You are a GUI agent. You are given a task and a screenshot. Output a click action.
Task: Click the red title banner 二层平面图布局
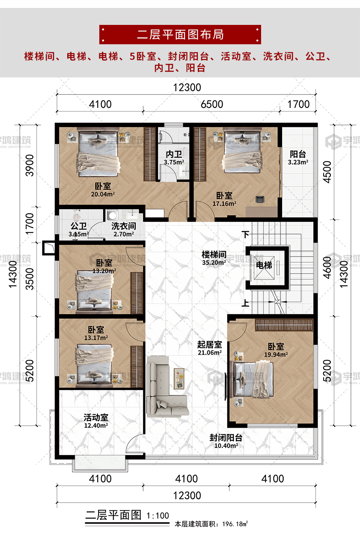point(180,34)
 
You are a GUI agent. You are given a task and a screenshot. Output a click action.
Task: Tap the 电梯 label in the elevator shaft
point(264,265)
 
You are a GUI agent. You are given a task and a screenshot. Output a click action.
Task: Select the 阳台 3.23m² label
point(298,158)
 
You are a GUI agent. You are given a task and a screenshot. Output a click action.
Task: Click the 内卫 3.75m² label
point(174,158)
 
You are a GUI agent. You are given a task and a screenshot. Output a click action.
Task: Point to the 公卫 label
point(78,226)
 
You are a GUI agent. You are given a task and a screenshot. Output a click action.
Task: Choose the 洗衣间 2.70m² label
point(123,230)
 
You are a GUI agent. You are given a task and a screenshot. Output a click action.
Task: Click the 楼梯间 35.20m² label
point(214,258)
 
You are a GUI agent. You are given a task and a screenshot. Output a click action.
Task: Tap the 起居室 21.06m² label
point(210,348)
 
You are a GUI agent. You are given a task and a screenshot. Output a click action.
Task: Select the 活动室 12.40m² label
point(96,421)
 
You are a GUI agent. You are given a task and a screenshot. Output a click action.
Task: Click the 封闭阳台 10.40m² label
point(226,442)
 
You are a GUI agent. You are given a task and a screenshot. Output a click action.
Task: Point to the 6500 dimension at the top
point(212,104)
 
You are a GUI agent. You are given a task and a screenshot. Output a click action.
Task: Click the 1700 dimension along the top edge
point(298,104)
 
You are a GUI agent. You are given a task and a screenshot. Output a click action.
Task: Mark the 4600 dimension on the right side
point(327,268)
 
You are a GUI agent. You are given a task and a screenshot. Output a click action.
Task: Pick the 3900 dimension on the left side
point(30,165)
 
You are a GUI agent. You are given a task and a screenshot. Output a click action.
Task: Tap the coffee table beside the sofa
point(179,379)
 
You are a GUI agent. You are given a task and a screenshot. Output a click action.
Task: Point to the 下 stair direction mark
point(246,234)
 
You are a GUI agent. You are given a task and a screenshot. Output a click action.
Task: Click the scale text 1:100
point(158,516)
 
